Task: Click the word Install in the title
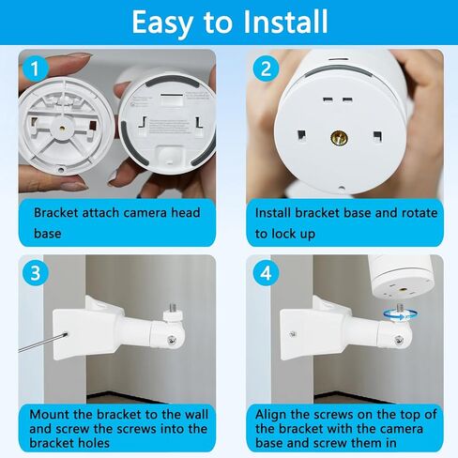click(285, 22)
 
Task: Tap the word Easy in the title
click(162, 23)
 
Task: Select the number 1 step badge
click(35, 69)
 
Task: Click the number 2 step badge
click(266, 69)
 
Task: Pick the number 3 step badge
click(35, 273)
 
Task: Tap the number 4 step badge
click(266, 273)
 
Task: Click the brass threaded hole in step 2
click(340, 137)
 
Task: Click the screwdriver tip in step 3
click(66, 334)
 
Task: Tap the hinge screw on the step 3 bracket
click(171, 340)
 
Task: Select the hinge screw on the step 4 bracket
click(399, 340)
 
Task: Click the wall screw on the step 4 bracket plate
click(293, 334)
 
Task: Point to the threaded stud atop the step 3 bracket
click(173, 307)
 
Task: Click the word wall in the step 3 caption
click(196, 415)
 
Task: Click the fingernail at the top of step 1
click(79, 56)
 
